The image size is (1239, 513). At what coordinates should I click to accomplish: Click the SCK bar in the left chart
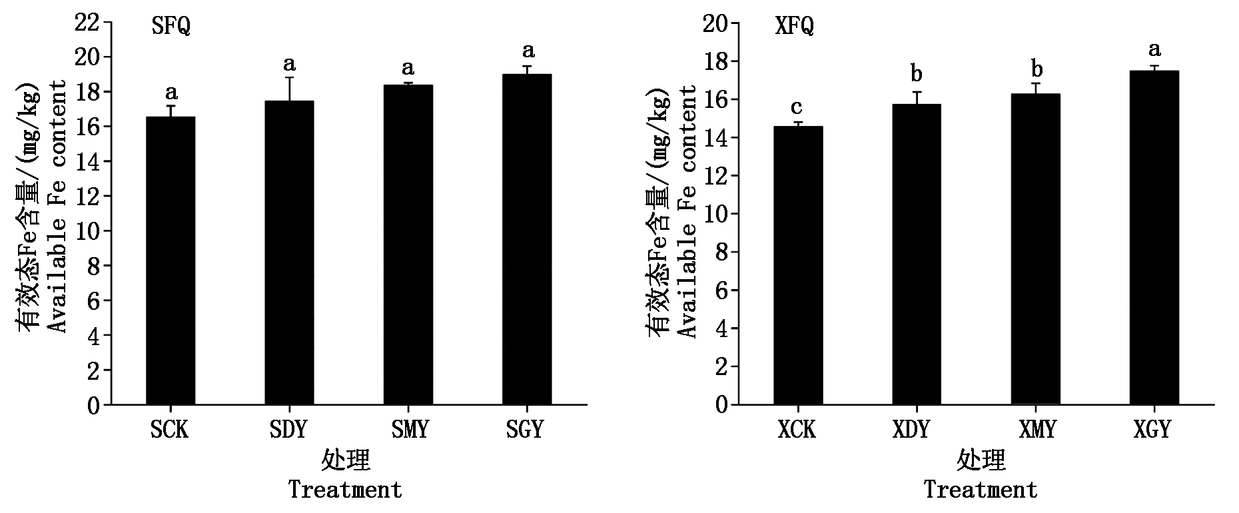coord(171,260)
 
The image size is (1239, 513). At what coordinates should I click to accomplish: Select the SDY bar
coord(289,253)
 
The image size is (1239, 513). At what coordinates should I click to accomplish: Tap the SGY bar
coord(527,239)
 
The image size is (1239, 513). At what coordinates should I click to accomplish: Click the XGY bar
coord(1154,238)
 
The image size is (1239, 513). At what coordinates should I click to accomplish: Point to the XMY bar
coord(1035,249)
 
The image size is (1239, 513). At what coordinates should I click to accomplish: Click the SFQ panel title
coord(171,27)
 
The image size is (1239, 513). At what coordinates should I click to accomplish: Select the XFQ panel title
coord(794,27)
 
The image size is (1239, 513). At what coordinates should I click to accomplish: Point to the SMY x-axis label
coord(408,429)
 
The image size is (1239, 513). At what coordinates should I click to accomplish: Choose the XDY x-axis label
coord(911,429)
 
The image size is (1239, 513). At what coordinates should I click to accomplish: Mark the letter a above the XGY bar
coord(1154,49)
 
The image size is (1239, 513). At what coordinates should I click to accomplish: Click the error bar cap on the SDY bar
coord(290,78)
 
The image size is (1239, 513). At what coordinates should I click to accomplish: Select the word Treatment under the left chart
coord(345,490)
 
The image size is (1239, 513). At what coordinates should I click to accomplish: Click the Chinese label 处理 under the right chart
coord(981,460)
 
